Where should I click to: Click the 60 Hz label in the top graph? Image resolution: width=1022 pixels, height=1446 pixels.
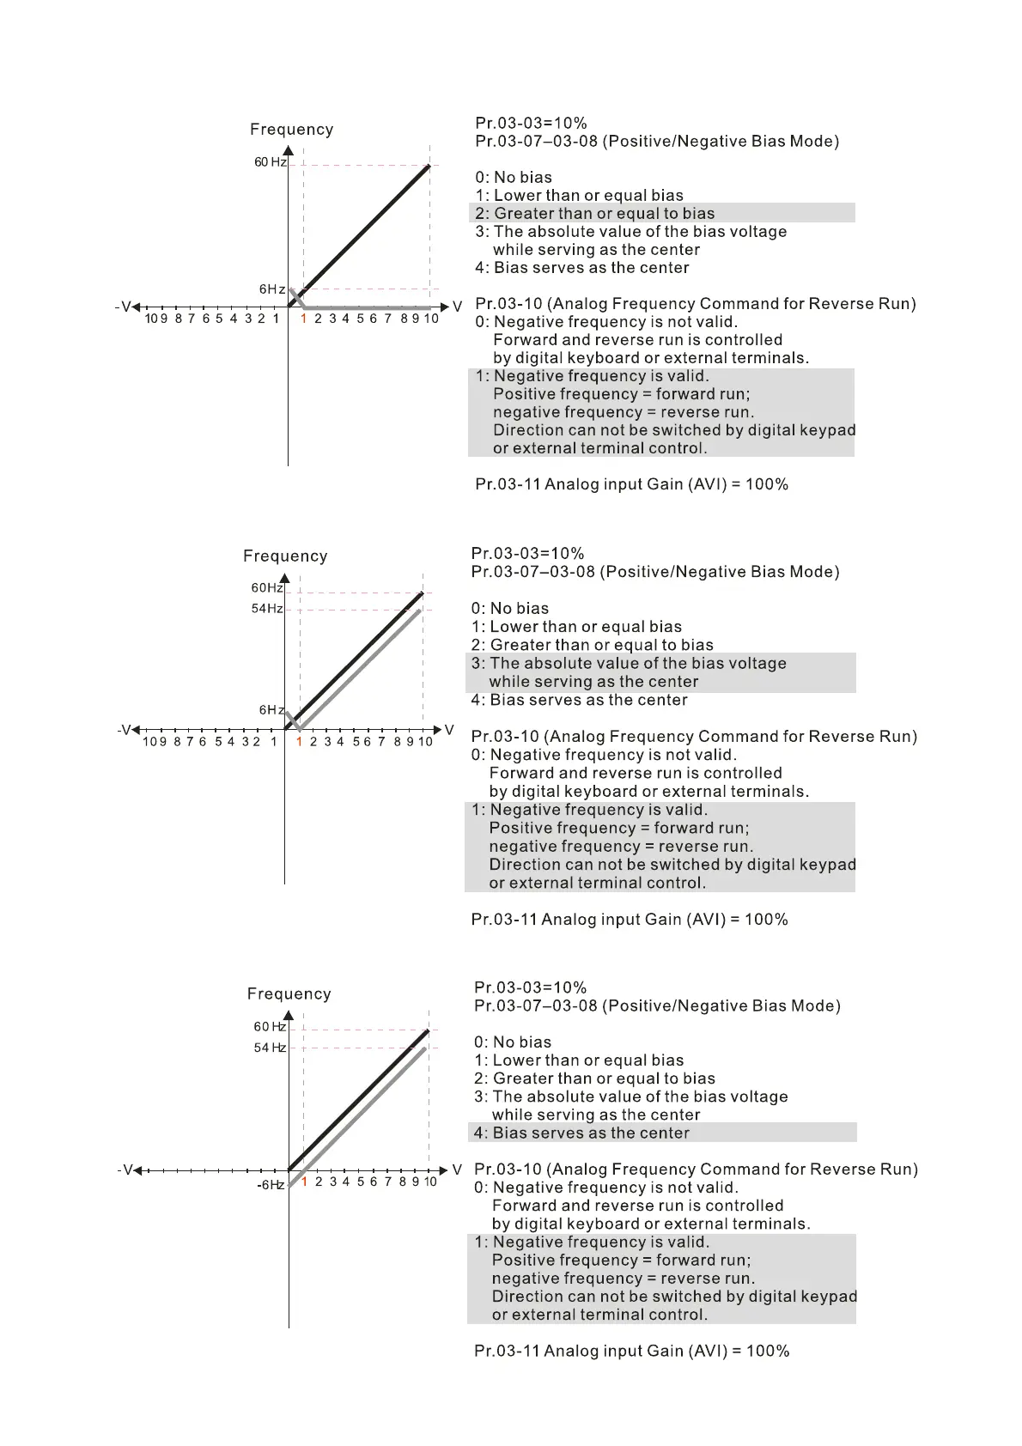coord(270,162)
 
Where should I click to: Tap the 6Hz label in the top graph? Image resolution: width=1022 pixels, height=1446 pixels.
coord(272,289)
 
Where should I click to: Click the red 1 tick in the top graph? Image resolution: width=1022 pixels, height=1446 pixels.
coord(303,319)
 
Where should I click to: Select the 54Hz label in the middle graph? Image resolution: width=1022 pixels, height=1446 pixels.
coord(267,609)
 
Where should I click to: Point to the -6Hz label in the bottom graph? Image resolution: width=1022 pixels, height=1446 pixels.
coord(271,1185)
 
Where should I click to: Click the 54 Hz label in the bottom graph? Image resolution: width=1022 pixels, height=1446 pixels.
coord(270,1048)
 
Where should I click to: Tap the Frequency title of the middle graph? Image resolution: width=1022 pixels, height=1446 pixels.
coord(285,556)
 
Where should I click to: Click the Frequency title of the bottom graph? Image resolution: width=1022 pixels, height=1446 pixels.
coord(289,994)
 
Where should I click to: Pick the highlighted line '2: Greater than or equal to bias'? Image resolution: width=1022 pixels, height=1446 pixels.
coord(594,214)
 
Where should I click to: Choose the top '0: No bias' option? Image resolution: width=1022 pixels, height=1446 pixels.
coord(514,178)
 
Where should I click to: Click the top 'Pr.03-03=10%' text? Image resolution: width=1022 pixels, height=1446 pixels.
coord(531,123)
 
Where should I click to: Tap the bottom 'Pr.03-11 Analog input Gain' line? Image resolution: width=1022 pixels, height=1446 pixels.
coord(631,1351)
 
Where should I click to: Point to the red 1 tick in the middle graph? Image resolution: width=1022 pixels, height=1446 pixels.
coord(299,742)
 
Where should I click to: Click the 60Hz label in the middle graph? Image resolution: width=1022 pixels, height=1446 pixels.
coord(267,588)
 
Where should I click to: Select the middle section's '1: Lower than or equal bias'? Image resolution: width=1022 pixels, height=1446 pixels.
coord(576,627)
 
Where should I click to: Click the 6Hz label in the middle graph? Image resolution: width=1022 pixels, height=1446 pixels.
coord(271,710)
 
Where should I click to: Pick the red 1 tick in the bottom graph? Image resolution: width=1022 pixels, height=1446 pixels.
coord(304,1182)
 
